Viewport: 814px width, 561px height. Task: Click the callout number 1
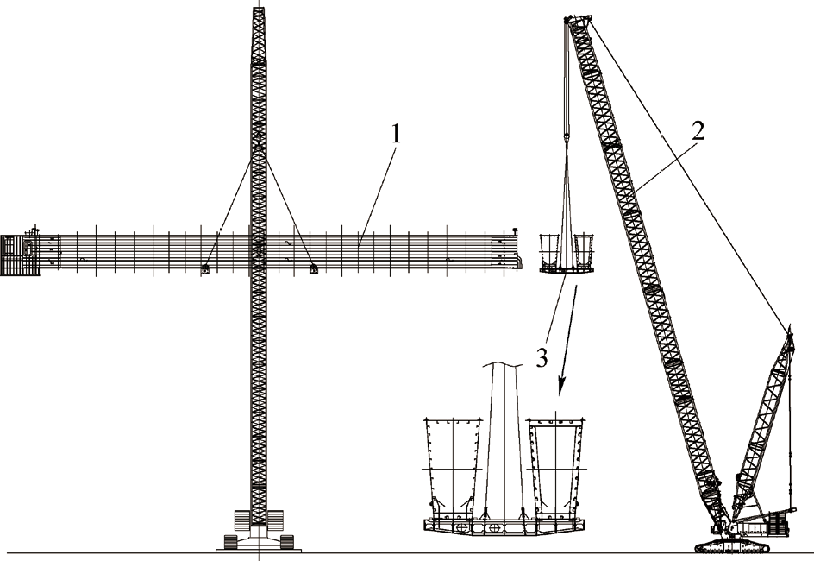395,135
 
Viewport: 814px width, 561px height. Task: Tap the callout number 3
542,357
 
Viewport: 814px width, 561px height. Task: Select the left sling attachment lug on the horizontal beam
206,270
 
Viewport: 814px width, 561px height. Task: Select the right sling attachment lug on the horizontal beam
313,269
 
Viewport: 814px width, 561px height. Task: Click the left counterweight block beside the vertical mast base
242,520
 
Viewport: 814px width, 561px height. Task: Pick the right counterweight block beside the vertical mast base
277,520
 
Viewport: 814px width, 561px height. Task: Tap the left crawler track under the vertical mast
232,542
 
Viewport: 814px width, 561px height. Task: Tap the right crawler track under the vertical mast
285,542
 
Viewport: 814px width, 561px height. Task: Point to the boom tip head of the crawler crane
577,19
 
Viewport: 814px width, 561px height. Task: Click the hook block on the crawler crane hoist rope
567,137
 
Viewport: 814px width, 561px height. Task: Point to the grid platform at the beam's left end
21,255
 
